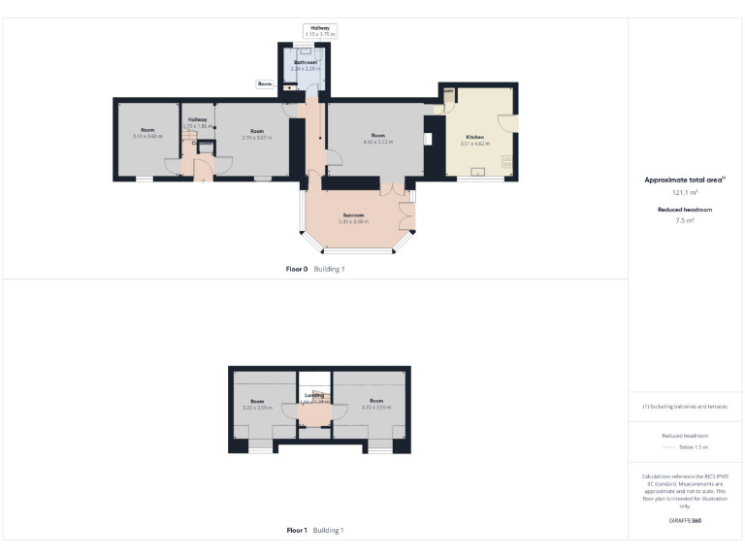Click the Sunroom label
coord(351,214)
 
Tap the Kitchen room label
coord(474,138)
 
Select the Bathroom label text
coord(306,62)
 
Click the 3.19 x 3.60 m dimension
coord(147,136)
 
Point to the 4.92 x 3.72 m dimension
coord(378,142)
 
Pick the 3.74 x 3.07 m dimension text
coord(256,136)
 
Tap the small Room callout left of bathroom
coord(265,83)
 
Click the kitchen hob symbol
coord(507,159)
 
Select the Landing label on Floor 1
coord(313,395)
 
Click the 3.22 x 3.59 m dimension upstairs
coord(257,408)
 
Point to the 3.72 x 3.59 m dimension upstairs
coord(375,407)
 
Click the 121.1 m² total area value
coord(685,192)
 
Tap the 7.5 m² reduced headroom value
coord(685,220)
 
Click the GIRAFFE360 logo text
coord(685,521)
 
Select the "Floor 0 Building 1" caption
coord(315,268)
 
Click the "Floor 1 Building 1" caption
coord(315,530)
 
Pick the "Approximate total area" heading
coord(684,181)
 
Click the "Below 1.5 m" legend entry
coord(692,447)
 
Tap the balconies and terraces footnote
coord(685,407)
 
